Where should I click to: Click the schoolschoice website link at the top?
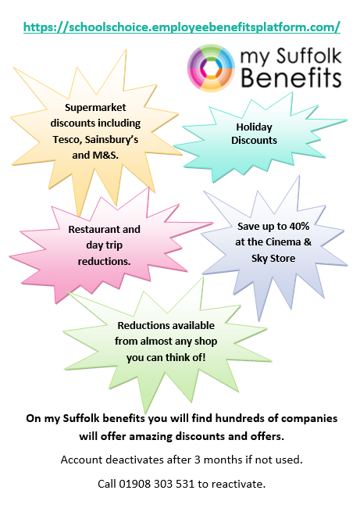click(x=182, y=27)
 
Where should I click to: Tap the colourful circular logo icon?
click(x=211, y=68)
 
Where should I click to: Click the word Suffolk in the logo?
click(x=308, y=55)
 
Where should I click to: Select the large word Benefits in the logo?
click(x=291, y=77)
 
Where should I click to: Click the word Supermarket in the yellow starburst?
click(x=95, y=108)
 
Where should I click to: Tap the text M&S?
click(x=105, y=156)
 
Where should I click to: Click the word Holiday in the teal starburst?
click(x=254, y=127)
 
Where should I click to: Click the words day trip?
click(x=104, y=245)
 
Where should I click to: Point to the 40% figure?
click(x=299, y=226)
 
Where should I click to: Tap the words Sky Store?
click(x=273, y=258)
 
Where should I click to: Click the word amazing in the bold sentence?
click(x=151, y=436)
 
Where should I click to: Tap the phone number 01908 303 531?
click(x=157, y=484)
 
